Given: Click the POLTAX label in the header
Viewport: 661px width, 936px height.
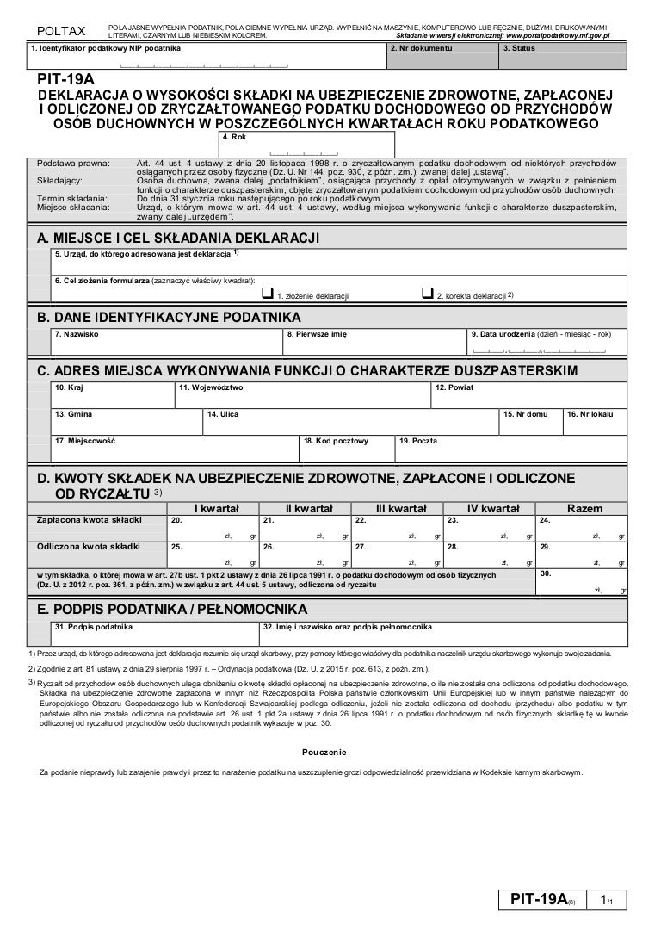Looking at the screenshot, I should click(x=60, y=32).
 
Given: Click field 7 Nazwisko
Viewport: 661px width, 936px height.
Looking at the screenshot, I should click(x=167, y=343).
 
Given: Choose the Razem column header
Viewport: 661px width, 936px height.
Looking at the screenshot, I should click(x=582, y=509).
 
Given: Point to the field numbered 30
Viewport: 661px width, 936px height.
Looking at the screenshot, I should click(x=582, y=582).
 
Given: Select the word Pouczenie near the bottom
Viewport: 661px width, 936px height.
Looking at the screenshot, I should click(x=324, y=752).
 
